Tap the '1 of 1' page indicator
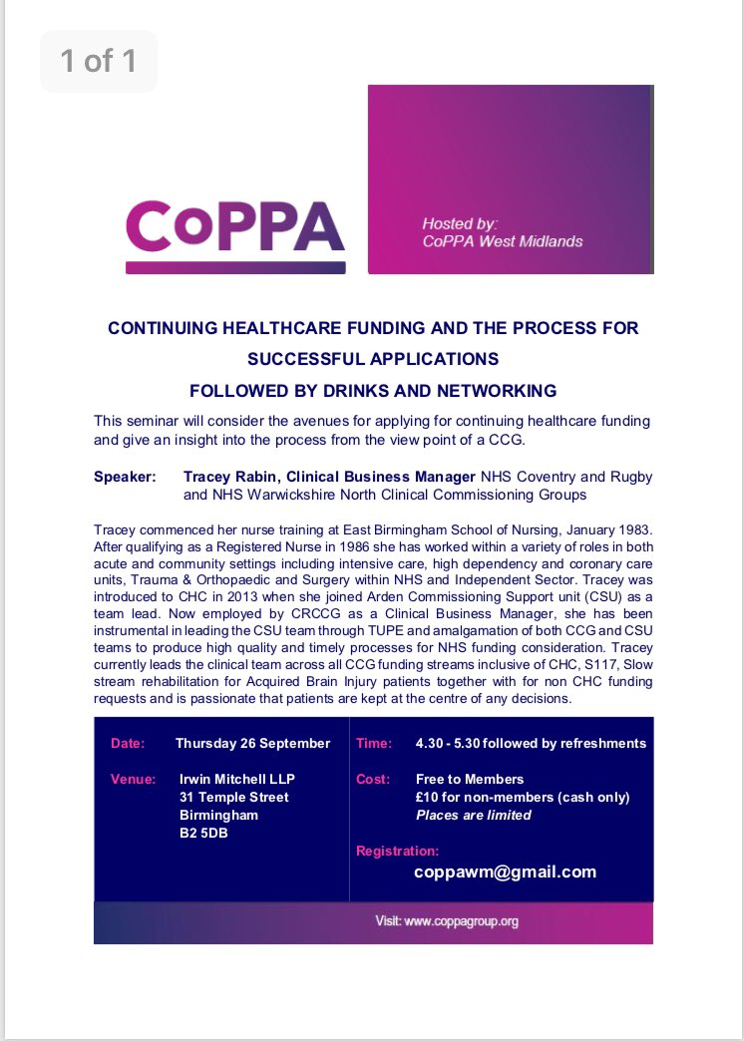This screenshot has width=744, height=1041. tap(99, 62)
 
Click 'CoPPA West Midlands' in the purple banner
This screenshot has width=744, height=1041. tap(502, 241)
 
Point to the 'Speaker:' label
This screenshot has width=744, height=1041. tap(125, 478)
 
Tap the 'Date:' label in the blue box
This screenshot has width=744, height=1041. tap(128, 743)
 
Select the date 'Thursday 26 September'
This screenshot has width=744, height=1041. tap(252, 743)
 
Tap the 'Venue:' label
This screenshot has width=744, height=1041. tap(133, 779)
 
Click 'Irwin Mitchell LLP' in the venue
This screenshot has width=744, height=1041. tap(236, 779)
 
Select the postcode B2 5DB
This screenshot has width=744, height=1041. tap(202, 833)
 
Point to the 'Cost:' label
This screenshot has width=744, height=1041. tap(373, 779)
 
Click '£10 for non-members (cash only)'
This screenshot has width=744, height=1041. tap(523, 797)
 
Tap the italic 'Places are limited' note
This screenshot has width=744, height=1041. tap(473, 815)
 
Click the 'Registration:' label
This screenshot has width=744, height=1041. tap(397, 851)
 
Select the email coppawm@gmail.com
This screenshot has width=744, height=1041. tap(506, 871)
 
